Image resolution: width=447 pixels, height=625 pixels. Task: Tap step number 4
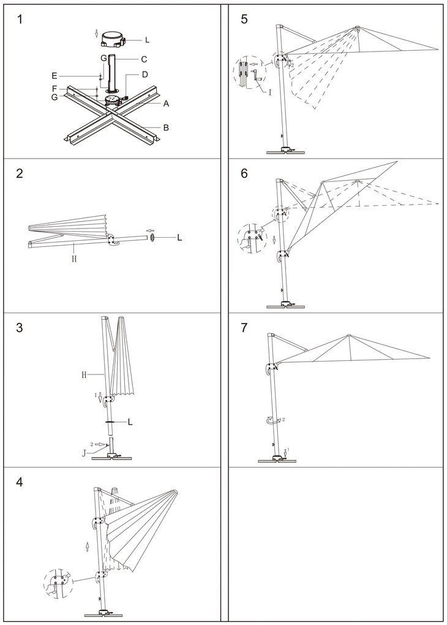(20, 482)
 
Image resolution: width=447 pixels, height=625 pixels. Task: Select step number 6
(244, 173)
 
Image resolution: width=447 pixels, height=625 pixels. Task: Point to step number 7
(244, 328)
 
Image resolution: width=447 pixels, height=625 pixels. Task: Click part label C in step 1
(144, 59)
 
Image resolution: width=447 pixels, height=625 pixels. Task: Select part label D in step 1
(145, 75)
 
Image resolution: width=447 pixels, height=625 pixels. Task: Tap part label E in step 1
(54, 76)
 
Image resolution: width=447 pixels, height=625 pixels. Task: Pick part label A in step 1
(165, 104)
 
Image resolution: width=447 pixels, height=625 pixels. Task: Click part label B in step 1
(165, 127)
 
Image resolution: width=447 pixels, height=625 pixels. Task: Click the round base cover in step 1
(113, 39)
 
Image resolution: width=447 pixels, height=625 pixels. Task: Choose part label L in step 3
(130, 422)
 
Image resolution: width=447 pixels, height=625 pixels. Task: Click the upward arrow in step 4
(88, 546)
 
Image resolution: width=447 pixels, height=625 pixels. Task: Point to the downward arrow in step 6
(274, 239)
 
